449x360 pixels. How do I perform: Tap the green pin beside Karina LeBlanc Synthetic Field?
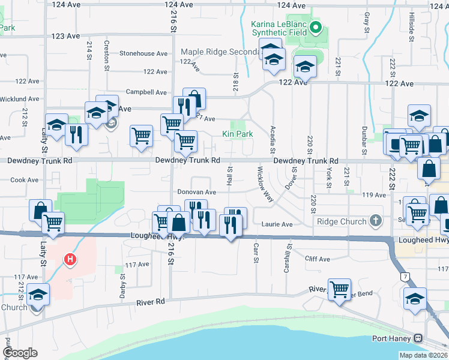pyautogui.click(x=318, y=27)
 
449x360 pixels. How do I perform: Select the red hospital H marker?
pyautogui.click(x=71, y=260)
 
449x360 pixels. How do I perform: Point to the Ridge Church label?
pyautogui.click(x=342, y=221)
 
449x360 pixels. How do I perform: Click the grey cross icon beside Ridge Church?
pyautogui.click(x=376, y=221)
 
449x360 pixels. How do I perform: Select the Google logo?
pyautogui.click(x=19, y=353)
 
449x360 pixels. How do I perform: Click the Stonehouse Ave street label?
pyautogui.click(x=143, y=53)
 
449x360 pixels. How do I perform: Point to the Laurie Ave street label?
pyautogui.click(x=277, y=224)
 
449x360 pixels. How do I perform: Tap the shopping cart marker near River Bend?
pyautogui.click(x=340, y=290)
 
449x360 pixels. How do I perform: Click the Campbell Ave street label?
pyautogui.click(x=146, y=92)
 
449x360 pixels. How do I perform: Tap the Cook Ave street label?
pyautogui.click(x=25, y=179)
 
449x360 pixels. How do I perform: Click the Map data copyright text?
pyautogui.click(x=424, y=355)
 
